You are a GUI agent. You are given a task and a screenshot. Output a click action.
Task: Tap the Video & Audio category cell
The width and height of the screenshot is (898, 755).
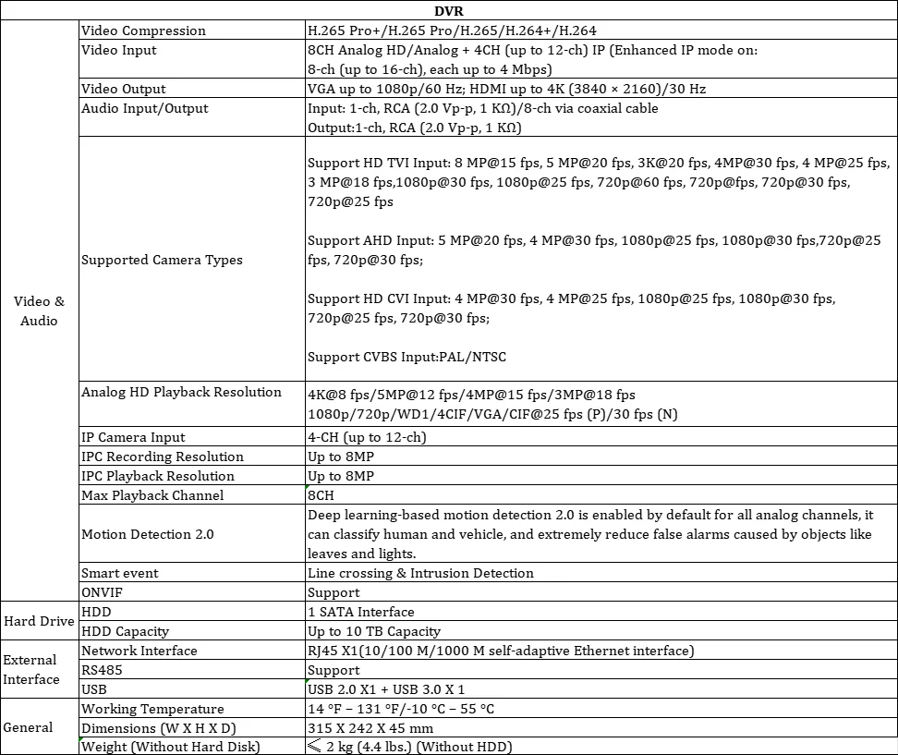click(x=40, y=311)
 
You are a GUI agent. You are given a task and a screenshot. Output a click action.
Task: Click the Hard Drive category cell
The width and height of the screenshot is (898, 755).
click(x=40, y=621)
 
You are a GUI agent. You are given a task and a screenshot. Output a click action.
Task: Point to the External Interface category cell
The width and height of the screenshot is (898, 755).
click(x=31, y=670)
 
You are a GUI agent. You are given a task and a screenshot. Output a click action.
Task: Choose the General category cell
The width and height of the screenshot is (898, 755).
click(x=29, y=727)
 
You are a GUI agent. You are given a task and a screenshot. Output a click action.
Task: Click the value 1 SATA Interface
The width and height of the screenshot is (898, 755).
click(x=360, y=612)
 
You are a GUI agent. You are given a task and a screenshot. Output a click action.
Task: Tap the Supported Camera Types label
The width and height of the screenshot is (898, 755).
click(x=162, y=260)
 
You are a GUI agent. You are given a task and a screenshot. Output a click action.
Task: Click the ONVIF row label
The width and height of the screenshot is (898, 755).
click(x=103, y=592)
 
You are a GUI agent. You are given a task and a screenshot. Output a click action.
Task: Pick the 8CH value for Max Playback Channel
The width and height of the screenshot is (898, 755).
click(x=321, y=495)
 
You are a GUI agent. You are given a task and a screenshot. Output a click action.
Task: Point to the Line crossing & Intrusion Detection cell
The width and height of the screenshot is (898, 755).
click(x=420, y=573)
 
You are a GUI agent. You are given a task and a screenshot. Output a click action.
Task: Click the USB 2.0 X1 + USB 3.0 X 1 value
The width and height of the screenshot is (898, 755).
click(x=386, y=689)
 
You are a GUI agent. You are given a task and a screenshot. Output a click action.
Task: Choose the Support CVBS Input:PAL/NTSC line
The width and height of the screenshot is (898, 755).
click(x=407, y=357)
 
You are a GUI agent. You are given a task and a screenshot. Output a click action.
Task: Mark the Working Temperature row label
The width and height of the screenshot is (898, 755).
click(x=152, y=709)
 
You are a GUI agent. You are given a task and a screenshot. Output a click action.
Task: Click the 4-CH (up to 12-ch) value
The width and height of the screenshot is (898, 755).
click(x=367, y=437)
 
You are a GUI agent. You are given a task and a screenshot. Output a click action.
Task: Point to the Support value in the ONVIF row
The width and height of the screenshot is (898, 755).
click(x=334, y=592)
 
